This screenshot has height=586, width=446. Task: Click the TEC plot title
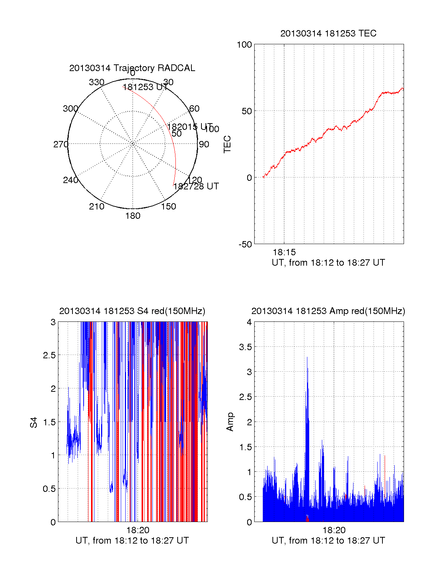(328, 33)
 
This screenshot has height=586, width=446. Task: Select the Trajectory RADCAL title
(132, 68)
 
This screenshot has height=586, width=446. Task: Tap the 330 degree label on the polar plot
(97, 82)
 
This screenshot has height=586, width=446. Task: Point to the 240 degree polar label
(71, 180)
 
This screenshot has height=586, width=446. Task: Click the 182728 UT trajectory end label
(196, 186)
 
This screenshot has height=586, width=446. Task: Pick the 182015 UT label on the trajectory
(190, 127)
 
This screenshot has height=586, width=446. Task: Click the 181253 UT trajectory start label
(145, 87)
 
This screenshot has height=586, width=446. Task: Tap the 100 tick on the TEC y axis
(244, 45)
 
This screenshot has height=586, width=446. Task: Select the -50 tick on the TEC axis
(245, 244)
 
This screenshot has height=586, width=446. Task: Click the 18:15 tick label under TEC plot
(284, 253)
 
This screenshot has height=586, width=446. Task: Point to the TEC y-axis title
(227, 144)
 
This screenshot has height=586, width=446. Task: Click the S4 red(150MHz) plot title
(132, 311)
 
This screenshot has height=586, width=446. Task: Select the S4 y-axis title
(34, 422)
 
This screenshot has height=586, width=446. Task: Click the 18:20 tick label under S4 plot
(138, 530)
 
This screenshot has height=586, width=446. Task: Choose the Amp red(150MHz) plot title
(328, 311)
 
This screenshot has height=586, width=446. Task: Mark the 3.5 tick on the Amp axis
(245, 347)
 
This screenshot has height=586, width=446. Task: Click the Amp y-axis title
(230, 422)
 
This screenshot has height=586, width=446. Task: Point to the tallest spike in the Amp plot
(307, 358)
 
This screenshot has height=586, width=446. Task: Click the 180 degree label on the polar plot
(133, 216)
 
